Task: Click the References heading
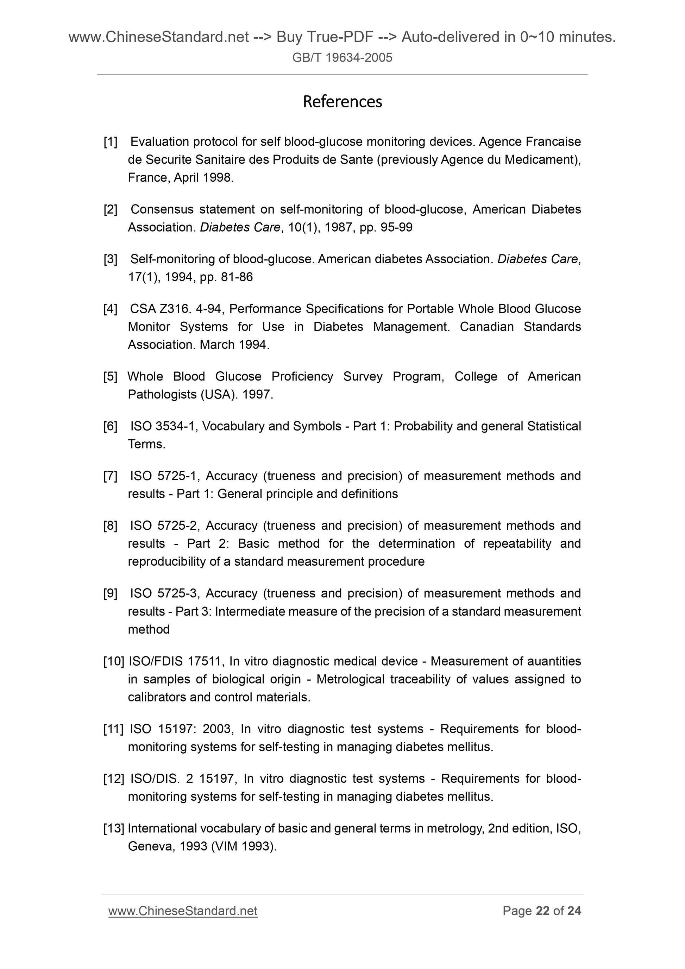pos(342,102)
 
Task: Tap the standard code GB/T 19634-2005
pos(342,57)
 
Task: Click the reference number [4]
pos(110,309)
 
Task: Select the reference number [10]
pos(113,661)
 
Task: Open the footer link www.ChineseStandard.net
pos(182,911)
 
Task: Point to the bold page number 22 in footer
pos(542,911)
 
